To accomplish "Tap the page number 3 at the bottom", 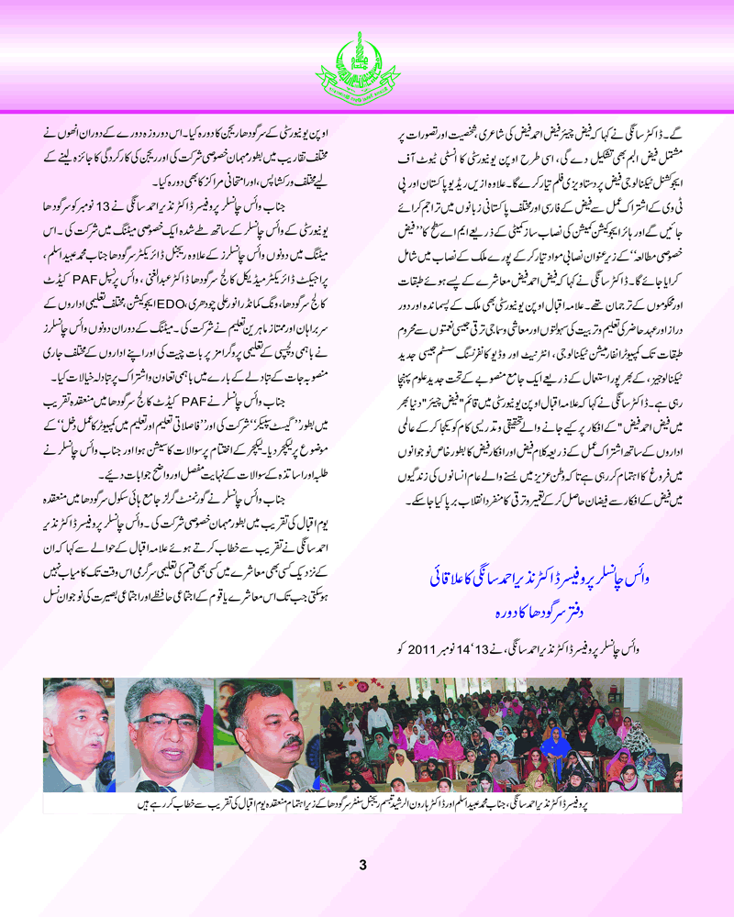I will pyautogui.click(x=363, y=864).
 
